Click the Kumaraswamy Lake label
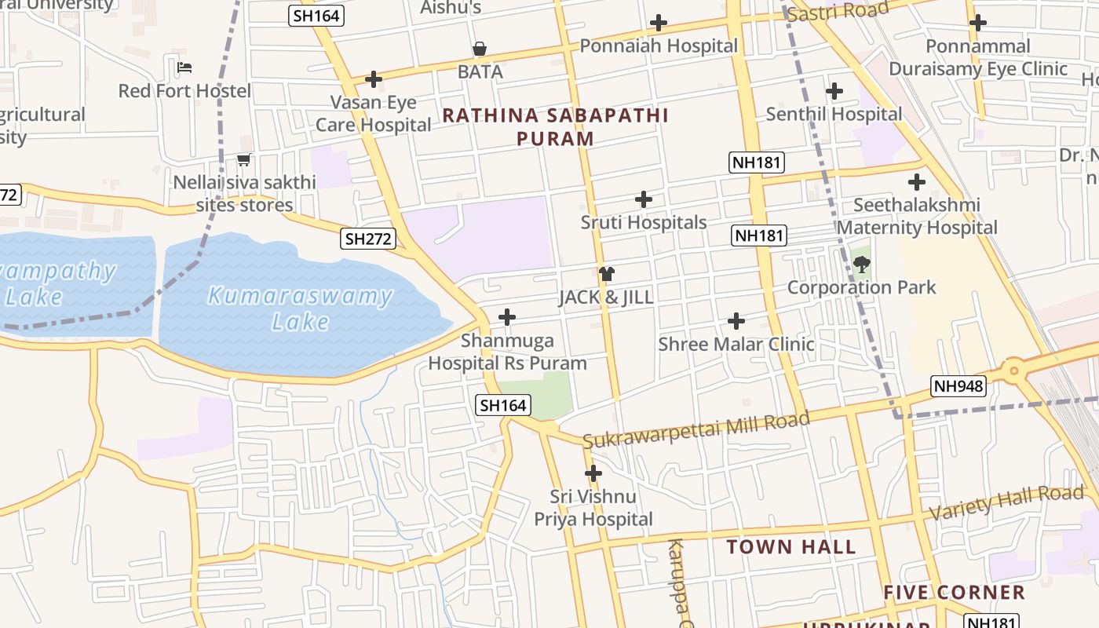coord(300,308)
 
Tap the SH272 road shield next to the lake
coord(367,239)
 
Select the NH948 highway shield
coord(958,385)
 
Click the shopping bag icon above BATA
coord(480,49)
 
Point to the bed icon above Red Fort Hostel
coord(184,68)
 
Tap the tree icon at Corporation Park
coord(861,265)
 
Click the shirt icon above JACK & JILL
coord(606,274)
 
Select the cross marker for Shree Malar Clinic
coord(736,320)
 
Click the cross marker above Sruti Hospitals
coord(644,199)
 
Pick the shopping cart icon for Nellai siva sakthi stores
coord(244,160)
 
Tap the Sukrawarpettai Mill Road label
coord(696,429)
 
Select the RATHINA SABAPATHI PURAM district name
coord(556,126)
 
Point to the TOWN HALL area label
coord(790,547)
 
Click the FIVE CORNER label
coord(954,592)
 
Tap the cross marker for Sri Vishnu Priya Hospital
coord(593,473)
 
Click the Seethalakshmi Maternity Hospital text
coord(917,217)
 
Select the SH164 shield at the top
coord(316,15)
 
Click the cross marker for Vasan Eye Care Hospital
coord(374,79)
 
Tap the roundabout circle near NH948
coord(1014,369)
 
